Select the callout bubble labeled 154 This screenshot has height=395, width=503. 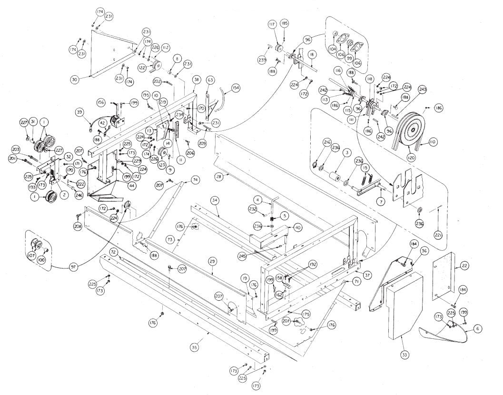(x=235, y=89)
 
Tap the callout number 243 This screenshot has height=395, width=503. (x=423, y=89)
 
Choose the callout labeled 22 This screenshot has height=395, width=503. (x=464, y=267)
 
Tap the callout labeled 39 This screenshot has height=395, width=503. (x=80, y=112)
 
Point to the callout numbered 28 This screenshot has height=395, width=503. (x=219, y=177)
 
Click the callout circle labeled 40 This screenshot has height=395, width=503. (x=297, y=227)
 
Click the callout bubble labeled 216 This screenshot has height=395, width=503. (x=327, y=142)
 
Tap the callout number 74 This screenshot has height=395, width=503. (x=195, y=179)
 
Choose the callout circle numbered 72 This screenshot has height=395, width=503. (x=113, y=251)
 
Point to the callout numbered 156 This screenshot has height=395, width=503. (x=100, y=102)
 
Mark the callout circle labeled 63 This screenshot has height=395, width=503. (x=210, y=80)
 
